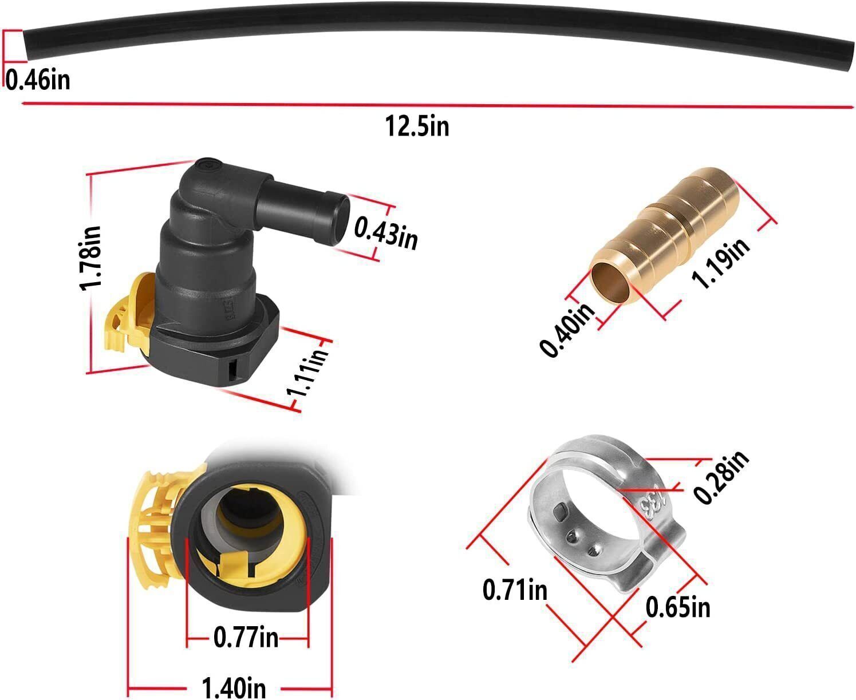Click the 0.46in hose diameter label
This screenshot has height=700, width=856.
pos(38,79)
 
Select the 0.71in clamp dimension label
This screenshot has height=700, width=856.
pos(515,590)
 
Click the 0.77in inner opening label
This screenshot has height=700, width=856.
pos(246,637)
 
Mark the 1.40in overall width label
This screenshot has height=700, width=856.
pos(234,686)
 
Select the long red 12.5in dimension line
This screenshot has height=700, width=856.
pos(435,105)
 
